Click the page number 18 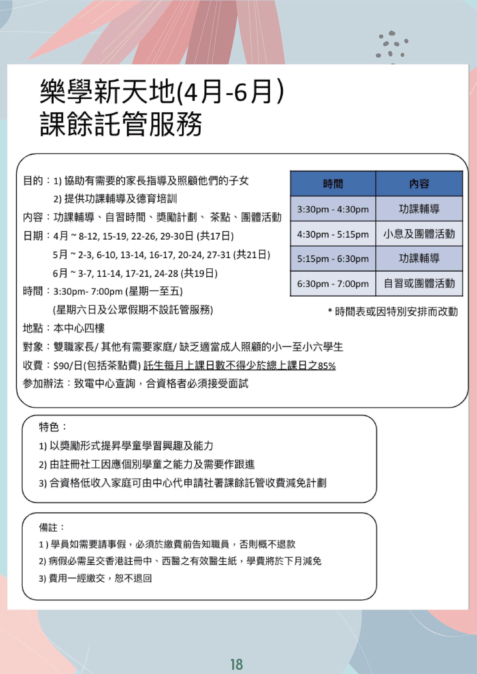pos(237,664)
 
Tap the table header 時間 pos(333,184)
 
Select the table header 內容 pos(419,184)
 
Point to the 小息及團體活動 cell pos(419,234)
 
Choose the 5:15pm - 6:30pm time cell pos(333,259)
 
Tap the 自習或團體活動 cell pos(419,284)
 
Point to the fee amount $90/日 pos(68,366)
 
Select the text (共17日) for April pos(215,236)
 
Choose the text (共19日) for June pos(199,273)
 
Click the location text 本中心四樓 pos(79,328)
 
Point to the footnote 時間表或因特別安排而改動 pos(396,312)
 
